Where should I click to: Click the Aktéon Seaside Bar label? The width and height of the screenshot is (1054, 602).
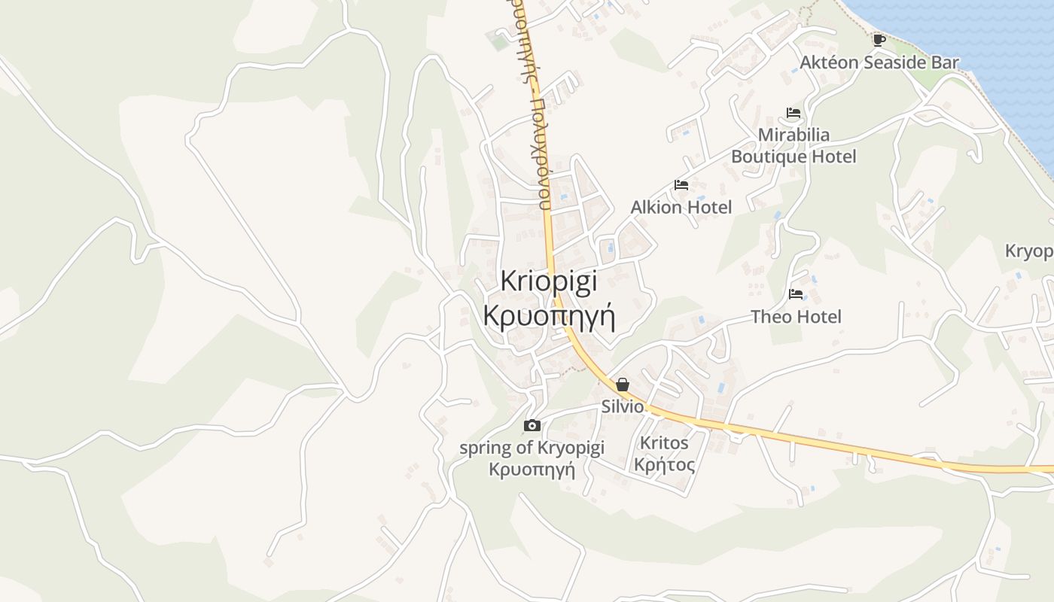879,62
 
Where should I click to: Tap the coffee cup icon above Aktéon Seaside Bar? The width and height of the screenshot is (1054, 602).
879,40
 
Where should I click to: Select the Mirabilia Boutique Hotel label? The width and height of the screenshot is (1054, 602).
794,146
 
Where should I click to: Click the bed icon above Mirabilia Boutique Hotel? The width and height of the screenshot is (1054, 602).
794,114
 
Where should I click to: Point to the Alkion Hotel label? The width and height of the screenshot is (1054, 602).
681,207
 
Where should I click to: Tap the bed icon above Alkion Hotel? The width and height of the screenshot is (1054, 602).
681,185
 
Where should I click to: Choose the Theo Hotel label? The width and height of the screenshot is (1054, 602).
796,317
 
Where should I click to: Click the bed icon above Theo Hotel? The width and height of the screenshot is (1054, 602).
796,294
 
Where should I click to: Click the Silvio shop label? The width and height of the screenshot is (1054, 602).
623,406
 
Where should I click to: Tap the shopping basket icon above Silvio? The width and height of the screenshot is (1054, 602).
623,385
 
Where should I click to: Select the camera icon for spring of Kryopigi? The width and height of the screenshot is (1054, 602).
532,426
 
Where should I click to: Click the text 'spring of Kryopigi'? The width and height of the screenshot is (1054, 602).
532,448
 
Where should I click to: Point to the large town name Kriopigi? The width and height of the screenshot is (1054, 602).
549,281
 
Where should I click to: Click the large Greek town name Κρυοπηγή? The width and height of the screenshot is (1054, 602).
549,316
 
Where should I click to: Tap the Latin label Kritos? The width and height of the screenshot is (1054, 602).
664,442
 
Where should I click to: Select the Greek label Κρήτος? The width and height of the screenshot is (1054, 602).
664,464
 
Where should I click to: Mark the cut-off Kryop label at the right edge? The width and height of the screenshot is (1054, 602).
1030,251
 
